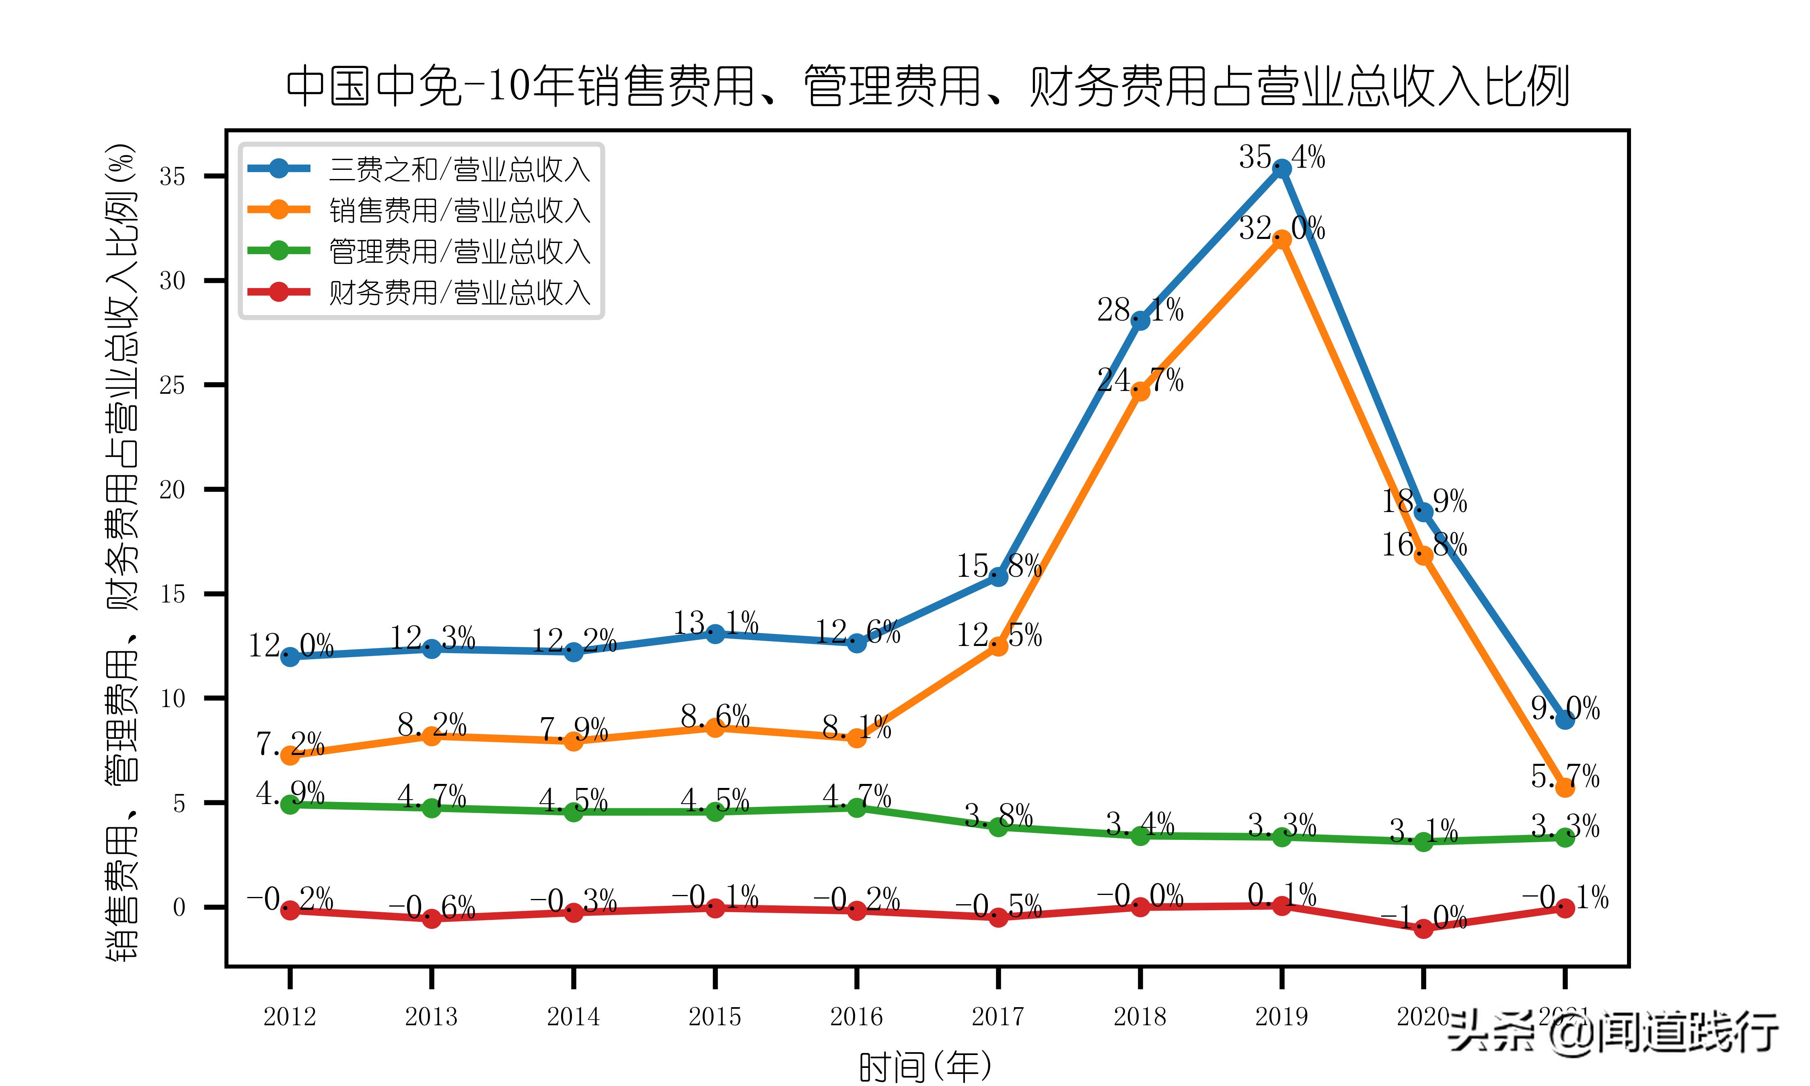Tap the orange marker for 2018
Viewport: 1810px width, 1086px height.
click(1140, 391)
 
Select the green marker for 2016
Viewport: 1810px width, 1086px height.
click(857, 807)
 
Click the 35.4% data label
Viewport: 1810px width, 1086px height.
click(1282, 156)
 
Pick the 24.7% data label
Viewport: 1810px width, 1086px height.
click(1140, 380)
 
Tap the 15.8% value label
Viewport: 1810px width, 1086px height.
click(999, 566)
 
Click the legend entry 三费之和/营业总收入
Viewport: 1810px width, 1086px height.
click(459, 170)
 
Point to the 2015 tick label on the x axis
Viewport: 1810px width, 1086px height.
click(715, 1016)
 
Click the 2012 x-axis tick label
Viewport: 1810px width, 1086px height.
click(290, 1016)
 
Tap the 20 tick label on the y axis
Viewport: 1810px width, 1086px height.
click(173, 490)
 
